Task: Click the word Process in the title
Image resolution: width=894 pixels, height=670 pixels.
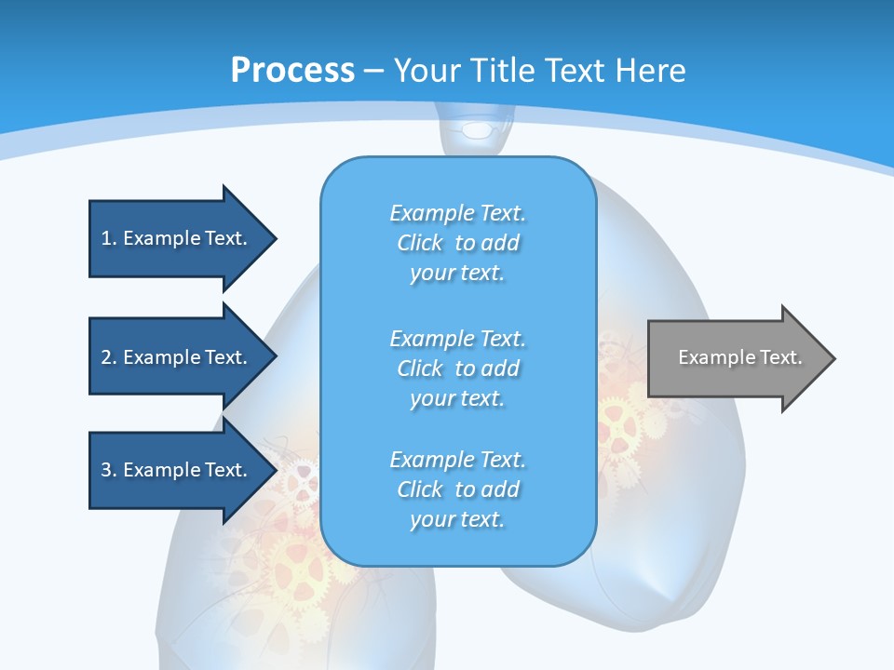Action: (292, 71)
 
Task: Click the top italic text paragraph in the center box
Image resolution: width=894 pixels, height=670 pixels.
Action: (457, 243)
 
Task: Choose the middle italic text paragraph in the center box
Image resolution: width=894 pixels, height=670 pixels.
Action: (457, 368)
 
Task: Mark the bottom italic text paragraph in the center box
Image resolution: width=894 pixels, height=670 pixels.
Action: (457, 489)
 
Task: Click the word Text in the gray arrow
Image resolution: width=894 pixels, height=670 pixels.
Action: (782, 357)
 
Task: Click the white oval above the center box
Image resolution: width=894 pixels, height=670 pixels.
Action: (478, 129)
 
